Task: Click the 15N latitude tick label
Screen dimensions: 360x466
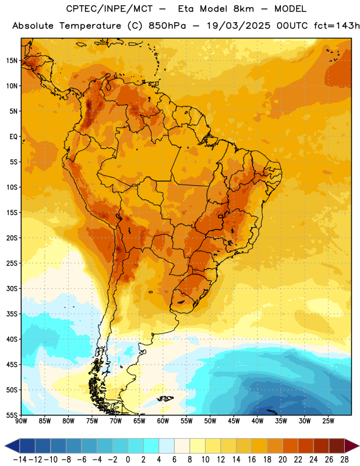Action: [x=12, y=61]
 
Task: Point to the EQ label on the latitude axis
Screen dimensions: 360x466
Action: [x=13, y=137]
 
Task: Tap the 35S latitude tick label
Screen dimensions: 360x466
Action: [x=12, y=314]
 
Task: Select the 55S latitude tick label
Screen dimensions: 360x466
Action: [x=12, y=415]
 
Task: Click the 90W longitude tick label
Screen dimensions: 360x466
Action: [x=21, y=421]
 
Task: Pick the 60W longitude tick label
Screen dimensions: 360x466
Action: [x=163, y=421]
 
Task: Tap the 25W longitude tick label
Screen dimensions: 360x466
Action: [x=328, y=421]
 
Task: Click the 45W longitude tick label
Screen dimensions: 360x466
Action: [x=234, y=421]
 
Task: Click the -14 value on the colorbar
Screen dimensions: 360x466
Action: [x=20, y=460]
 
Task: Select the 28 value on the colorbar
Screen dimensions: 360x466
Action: [x=344, y=460]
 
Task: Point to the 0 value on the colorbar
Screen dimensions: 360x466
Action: [x=128, y=460]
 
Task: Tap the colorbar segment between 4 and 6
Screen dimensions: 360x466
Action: [x=167, y=446]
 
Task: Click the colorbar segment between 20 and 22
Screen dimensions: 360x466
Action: [x=291, y=446]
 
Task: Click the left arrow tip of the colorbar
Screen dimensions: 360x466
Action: [x=5, y=446]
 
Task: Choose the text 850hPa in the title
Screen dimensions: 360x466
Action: [x=167, y=26]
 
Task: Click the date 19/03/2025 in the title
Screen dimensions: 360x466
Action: [x=238, y=26]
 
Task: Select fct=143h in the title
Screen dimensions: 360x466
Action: [x=337, y=26]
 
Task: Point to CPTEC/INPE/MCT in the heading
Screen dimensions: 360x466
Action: [x=110, y=9]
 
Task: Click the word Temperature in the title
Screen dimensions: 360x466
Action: [x=90, y=26]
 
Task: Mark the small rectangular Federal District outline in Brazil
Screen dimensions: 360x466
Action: [x=221, y=216]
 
